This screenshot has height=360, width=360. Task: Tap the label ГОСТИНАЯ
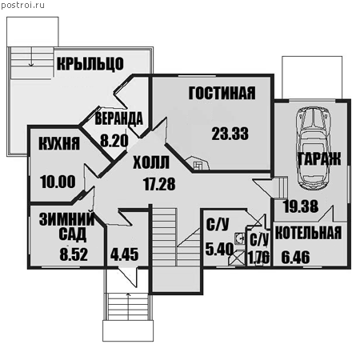pos(222,93)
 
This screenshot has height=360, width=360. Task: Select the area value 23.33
pos(230,134)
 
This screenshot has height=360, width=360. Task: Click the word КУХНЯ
pos(59,143)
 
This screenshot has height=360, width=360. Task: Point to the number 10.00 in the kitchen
pos(58,182)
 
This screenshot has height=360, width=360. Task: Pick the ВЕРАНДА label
pos(119,118)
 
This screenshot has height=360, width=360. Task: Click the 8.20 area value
pos(114,141)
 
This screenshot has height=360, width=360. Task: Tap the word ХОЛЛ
pos(151,162)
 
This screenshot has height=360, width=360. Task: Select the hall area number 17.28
pos(159,184)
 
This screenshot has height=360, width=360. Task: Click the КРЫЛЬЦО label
pos(90,64)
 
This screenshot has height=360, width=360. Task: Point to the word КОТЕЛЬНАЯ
pos(308,233)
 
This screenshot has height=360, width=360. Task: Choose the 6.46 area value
pos(296,258)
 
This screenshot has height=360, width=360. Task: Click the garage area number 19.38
pos(301,206)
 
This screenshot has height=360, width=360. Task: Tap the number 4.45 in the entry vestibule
pos(125,254)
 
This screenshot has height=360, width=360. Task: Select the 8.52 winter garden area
pos(74,254)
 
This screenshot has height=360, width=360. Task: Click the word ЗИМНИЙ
pos(66,219)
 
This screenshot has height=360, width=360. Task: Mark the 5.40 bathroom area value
pos(219,250)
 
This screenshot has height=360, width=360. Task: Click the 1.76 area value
pos(258,258)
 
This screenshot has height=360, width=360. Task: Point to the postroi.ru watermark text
pos(22,6)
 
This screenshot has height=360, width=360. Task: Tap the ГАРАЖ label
pos(319,159)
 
